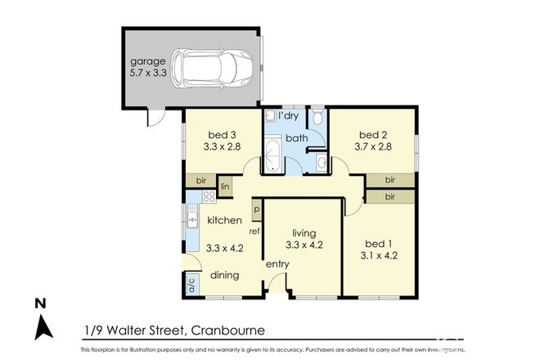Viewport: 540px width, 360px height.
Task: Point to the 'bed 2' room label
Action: tap(372, 135)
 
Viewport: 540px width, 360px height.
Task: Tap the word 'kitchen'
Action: tap(223, 220)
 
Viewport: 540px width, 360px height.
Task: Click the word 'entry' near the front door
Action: tap(277, 264)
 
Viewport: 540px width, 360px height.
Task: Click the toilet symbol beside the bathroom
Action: tap(317, 119)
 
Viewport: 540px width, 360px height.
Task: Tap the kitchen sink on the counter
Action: tap(192, 220)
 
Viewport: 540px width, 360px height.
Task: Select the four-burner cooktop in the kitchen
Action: tap(209, 196)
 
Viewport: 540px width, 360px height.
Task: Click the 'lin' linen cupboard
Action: tap(226, 187)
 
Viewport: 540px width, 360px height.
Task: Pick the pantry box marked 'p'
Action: tap(256, 209)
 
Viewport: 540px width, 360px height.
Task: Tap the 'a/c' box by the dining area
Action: tap(191, 287)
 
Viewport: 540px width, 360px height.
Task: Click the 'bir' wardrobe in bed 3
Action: tap(200, 180)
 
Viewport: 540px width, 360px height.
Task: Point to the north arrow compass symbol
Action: tap(43, 322)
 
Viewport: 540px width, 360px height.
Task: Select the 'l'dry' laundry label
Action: tap(287, 116)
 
